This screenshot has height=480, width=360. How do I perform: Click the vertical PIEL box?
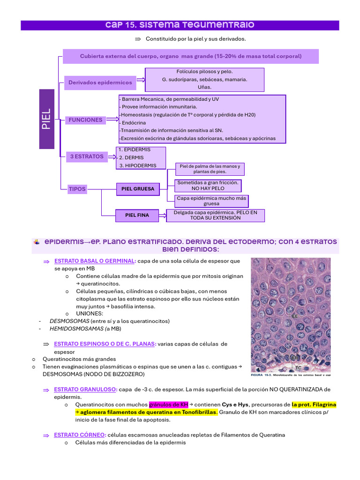point(47,120)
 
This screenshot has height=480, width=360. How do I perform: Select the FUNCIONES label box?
point(85,120)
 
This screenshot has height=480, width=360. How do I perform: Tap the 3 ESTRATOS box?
point(86,157)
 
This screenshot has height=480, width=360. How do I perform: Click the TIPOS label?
point(77,189)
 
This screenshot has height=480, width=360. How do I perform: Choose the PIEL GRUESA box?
point(137,189)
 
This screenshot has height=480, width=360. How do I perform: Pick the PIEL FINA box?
point(137,215)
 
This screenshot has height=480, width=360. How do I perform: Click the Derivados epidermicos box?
point(100,82)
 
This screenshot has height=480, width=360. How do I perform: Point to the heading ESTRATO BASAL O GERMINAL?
point(96,261)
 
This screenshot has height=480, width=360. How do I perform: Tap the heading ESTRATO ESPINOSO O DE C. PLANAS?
point(105,344)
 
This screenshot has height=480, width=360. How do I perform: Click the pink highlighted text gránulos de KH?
point(168,405)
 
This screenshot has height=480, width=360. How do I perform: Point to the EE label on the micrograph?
point(295,316)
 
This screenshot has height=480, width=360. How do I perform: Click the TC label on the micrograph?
point(298,368)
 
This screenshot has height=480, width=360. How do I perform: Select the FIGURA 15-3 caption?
point(289,375)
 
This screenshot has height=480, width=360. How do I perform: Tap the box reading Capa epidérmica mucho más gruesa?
point(211,201)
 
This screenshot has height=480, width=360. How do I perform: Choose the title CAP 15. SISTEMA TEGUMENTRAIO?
point(180,25)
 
